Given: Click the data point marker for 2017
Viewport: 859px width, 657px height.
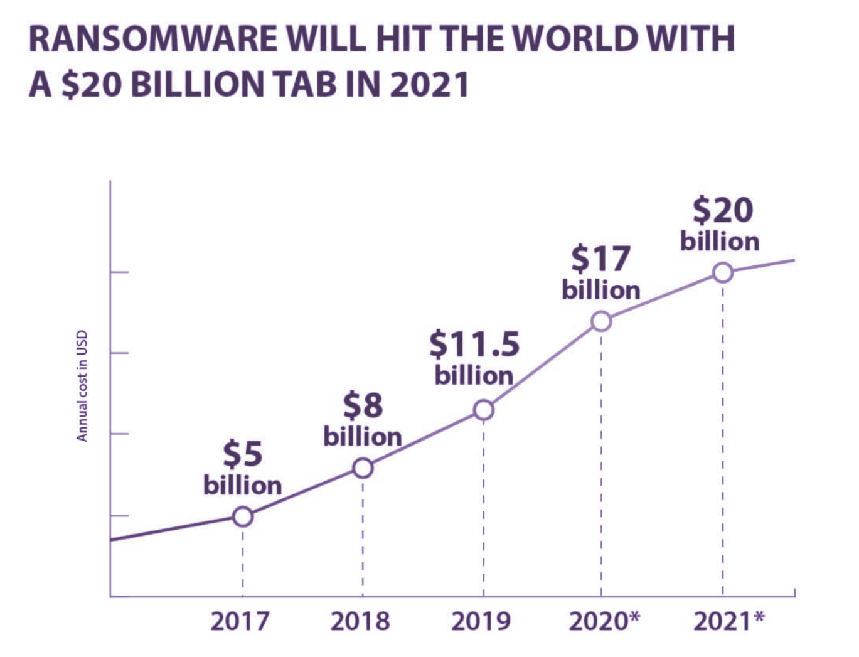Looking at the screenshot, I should pos(243,516).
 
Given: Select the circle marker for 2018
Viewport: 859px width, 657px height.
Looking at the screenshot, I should pos(363,468).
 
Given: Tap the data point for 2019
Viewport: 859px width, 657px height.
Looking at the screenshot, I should pos(483,410).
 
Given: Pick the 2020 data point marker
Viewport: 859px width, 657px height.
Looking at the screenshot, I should pos(601,321).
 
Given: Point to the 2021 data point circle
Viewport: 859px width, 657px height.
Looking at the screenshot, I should pos(723,273).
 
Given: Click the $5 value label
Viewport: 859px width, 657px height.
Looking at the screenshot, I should pos(242,454).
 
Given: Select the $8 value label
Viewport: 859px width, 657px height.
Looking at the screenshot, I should pos(363,406).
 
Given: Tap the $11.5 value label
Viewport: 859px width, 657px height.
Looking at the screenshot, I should pos(474,345).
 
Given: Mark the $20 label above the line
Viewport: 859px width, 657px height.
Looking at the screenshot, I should pos(722,210).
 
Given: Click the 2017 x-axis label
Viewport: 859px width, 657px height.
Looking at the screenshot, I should pos(240,621).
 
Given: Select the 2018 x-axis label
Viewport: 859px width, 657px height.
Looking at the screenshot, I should pos(360,621).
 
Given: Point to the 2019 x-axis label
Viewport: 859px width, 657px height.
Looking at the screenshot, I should pos(481,621).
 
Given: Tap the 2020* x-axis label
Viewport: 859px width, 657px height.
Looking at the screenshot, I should pos(604,621).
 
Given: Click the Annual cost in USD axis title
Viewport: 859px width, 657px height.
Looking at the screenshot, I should pos(82,386).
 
